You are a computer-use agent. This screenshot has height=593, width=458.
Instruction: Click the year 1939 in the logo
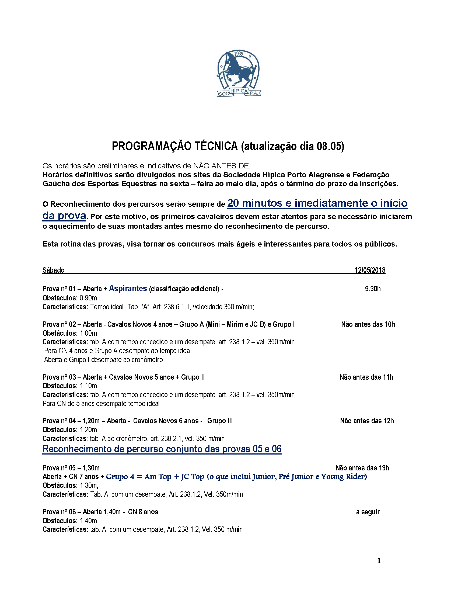coord(239,54)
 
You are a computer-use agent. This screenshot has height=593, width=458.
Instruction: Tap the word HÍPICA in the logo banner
coord(239,91)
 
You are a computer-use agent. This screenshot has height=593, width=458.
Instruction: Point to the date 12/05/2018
coord(370,270)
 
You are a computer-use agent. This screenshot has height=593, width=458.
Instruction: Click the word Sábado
coord(54,270)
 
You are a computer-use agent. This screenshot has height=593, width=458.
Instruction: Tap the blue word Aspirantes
coord(128,288)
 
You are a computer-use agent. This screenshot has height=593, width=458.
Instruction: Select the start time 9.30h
coord(373,289)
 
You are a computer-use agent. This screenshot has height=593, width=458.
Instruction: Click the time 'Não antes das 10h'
coord(368,324)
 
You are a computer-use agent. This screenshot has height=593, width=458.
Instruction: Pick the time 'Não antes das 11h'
coord(366,377)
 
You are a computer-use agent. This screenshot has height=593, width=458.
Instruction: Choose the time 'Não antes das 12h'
coord(367,421)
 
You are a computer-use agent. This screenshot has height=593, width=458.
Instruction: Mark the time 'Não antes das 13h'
coord(362,468)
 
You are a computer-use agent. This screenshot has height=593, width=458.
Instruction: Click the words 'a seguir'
coord(368,512)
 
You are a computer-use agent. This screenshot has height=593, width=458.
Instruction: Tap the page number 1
coord(379,560)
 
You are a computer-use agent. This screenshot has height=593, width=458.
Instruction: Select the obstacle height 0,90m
coord(89,298)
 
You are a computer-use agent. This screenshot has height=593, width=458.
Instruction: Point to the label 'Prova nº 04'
coord(59,421)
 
